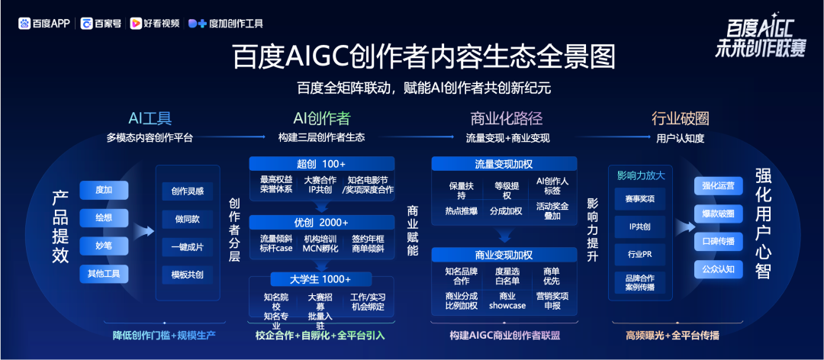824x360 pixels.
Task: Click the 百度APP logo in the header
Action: [x=44, y=24]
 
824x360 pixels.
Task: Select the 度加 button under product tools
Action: [x=104, y=190]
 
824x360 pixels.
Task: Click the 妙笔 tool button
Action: [x=104, y=245]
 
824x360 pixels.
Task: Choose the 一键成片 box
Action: [x=188, y=246]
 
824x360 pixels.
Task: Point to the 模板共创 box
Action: [x=188, y=275]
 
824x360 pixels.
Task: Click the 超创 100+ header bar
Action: [x=322, y=163]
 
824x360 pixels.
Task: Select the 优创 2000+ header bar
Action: [x=322, y=222]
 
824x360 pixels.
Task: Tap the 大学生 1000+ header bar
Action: [x=322, y=279]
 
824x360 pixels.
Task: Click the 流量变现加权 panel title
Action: [x=504, y=163]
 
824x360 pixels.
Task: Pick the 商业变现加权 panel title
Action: [x=504, y=255]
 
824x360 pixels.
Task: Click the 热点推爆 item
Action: [x=461, y=211]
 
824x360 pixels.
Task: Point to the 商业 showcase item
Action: [x=507, y=300]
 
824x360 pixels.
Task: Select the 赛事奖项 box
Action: [x=640, y=198]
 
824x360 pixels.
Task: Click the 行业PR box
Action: [x=640, y=255]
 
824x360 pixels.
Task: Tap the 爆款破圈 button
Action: [x=719, y=214]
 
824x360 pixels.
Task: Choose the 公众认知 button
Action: [x=719, y=269]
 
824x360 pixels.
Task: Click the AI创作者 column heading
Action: [x=322, y=118]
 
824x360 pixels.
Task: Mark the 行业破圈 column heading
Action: [x=680, y=118]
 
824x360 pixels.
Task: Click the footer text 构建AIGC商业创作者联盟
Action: [x=504, y=336]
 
